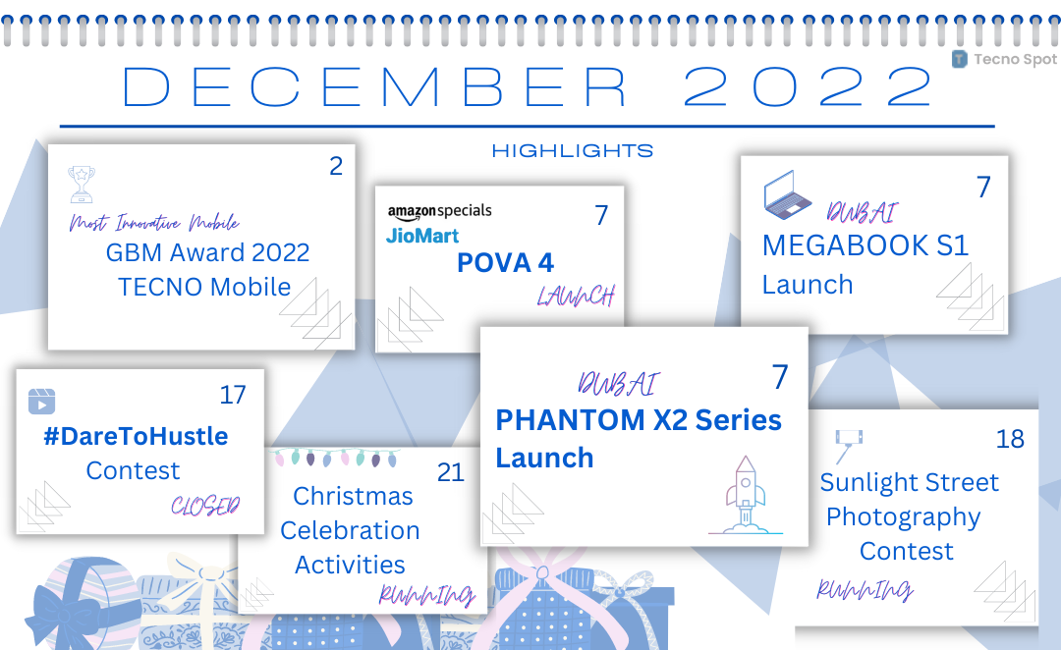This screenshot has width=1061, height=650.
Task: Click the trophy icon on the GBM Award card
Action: click(82, 184)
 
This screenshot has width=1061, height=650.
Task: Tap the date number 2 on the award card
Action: click(336, 166)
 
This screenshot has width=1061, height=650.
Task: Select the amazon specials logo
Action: click(440, 211)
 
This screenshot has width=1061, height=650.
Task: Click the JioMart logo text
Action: click(422, 236)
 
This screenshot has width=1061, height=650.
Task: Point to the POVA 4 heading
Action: click(506, 262)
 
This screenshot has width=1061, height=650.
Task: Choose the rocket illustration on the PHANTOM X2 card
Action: click(746, 495)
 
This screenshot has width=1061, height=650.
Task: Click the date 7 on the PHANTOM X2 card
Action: click(780, 377)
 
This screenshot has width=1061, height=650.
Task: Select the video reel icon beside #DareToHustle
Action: click(41, 401)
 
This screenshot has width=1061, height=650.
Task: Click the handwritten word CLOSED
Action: click(205, 506)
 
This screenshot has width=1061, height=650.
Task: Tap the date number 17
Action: click(233, 395)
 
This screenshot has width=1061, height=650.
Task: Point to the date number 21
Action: click(451, 472)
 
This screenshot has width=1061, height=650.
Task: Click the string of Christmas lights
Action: click(336, 458)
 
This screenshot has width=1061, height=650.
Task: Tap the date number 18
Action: click(1010, 439)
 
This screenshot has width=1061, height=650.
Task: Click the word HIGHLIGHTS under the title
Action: click(573, 150)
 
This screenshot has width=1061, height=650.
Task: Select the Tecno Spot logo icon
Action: click(960, 60)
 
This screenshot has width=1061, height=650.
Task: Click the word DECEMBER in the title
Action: click(375, 87)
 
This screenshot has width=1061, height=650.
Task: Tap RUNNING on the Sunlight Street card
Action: click(865, 590)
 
